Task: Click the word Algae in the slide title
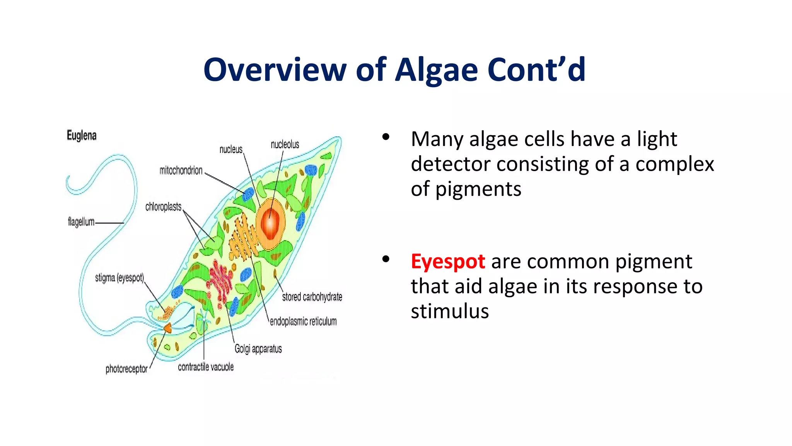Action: click(437, 70)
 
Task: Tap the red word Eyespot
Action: click(447, 262)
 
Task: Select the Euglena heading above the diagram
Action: click(82, 136)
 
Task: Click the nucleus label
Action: click(231, 149)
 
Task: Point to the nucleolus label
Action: click(285, 144)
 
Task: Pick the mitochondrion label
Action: click(181, 170)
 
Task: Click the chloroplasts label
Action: click(163, 207)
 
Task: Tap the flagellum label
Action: click(81, 222)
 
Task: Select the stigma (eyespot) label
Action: click(119, 278)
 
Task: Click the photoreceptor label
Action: click(126, 369)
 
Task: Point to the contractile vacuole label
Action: click(206, 367)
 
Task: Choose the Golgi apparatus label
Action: click(258, 349)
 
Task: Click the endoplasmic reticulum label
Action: click(303, 321)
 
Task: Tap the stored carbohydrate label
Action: click(312, 297)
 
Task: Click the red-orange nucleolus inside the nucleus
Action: click(270, 223)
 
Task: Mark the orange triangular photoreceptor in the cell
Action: click(168, 328)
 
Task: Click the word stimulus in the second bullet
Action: click(450, 311)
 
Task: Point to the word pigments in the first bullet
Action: click(478, 190)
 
